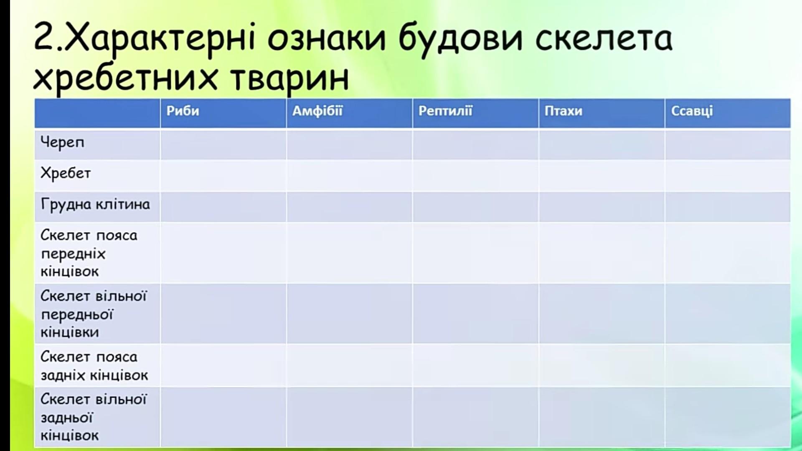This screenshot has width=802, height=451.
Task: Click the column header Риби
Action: [183, 111]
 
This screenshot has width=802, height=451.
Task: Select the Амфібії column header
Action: [317, 111]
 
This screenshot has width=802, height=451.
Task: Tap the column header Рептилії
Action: [445, 111]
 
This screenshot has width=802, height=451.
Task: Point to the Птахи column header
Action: [563, 111]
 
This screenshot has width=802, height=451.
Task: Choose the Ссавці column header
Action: [692, 111]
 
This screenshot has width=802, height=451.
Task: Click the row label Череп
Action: [62, 143]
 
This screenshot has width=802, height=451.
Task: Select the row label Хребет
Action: [66, 173]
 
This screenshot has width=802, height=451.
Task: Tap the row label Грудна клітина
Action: [95, 205]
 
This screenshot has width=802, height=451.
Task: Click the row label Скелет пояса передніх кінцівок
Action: [89, 253]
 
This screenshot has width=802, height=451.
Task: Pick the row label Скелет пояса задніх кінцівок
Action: [94, 366]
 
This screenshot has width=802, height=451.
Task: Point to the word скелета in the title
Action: [604, 38]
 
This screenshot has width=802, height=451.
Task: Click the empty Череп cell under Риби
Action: [223, 145]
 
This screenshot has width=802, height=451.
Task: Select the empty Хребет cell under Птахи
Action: [601, 176]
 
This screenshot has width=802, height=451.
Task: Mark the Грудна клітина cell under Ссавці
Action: [728, 207]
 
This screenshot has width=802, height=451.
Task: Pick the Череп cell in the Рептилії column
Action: [475, 145]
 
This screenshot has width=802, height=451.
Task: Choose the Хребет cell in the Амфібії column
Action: [349, 176]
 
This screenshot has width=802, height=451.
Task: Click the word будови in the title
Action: [460, 38]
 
